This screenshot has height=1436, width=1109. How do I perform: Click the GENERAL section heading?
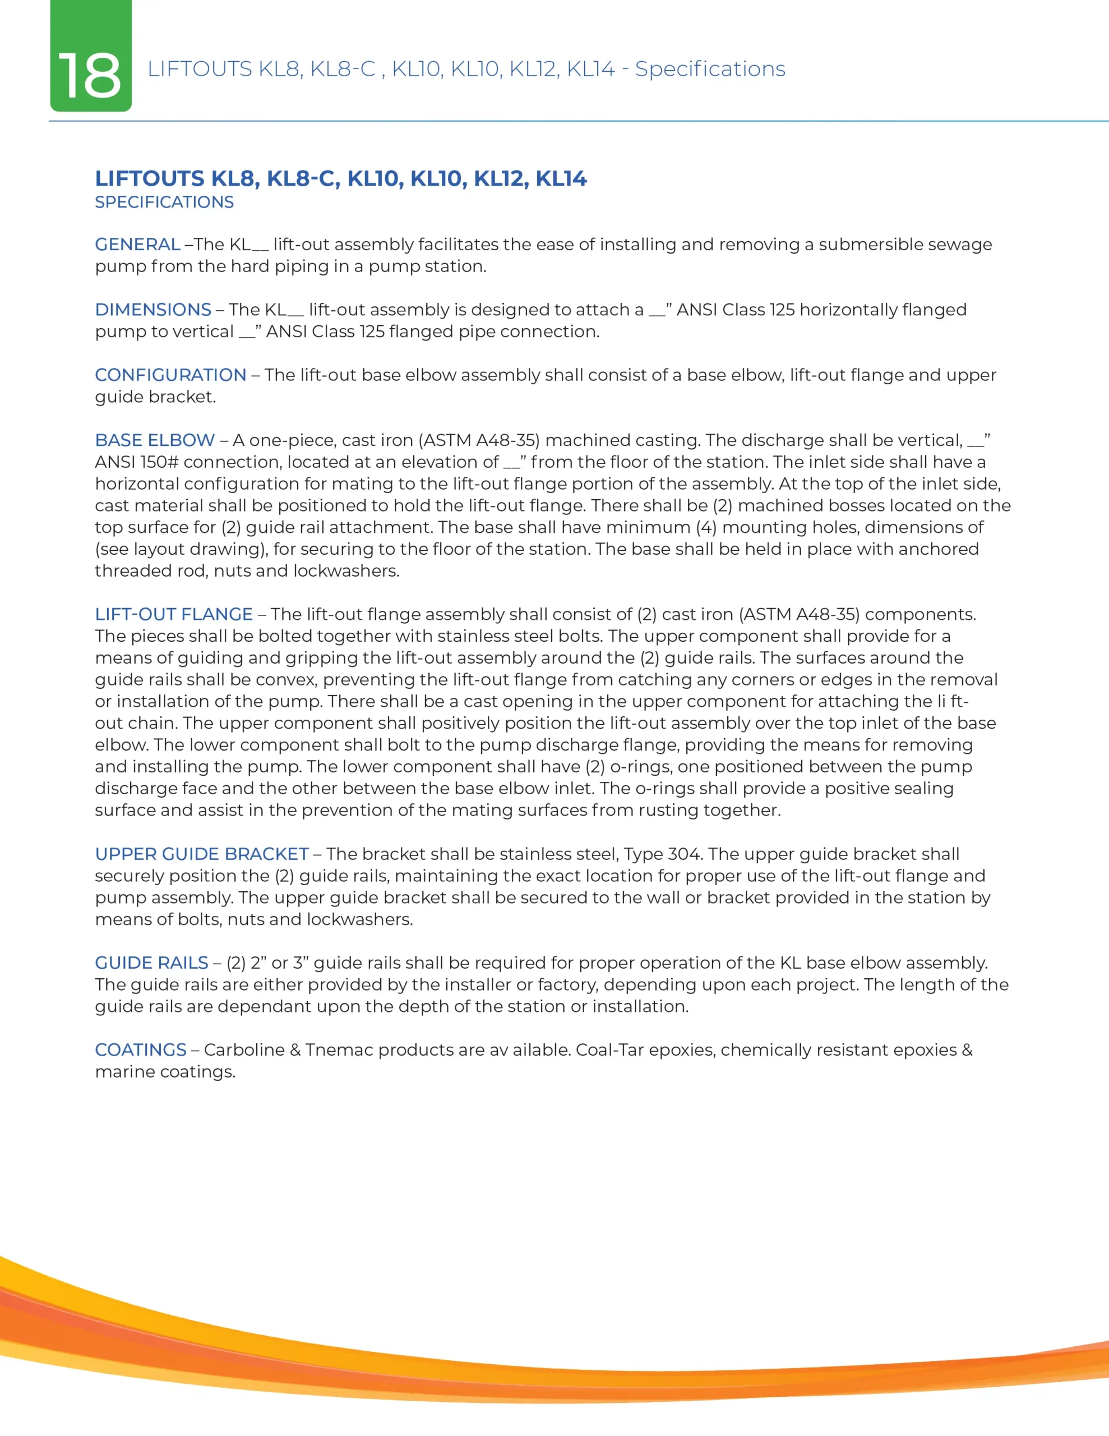137,245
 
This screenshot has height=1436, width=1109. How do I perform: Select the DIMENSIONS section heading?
153,310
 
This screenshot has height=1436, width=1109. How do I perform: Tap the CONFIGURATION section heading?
170,375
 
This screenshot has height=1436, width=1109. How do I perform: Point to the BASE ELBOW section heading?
155,440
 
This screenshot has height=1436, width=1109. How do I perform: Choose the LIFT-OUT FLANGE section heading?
174,614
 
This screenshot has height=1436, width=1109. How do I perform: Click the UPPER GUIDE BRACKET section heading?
202,854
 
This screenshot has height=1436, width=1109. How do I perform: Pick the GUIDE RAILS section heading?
151,963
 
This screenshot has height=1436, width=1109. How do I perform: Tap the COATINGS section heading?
141,1050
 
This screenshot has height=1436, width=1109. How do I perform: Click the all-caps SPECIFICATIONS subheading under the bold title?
164,202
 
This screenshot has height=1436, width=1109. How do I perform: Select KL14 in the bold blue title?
561,179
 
